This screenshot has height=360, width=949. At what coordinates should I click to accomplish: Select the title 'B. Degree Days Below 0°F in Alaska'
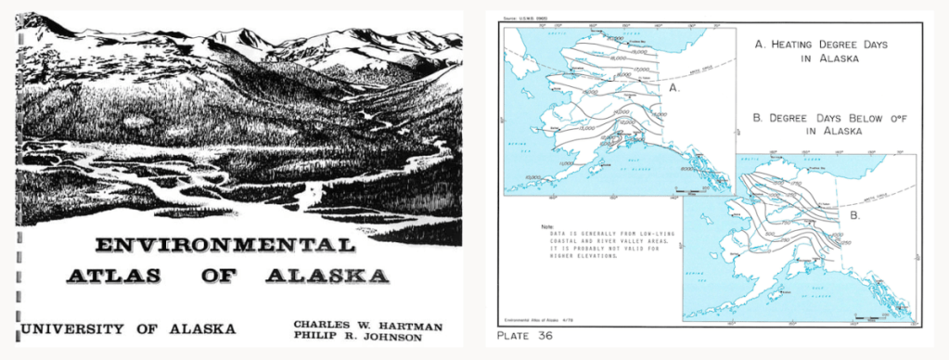coord(815,124)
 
